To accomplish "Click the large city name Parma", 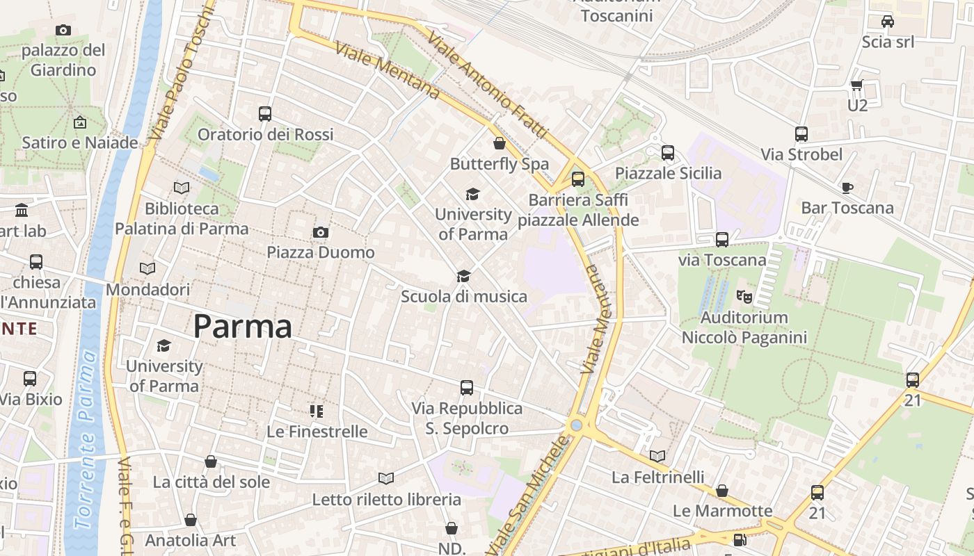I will coord(243,327).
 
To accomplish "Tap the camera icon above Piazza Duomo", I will coord(321,232).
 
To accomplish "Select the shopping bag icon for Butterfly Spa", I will coord(499,144).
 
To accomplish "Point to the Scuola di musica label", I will coord(464,297).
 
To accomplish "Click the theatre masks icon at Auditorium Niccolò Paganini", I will coord(744,297).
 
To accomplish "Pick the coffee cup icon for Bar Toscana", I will coord(847,188).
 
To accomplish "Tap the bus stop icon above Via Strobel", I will coord(801,134).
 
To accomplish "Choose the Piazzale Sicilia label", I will coord(668,173).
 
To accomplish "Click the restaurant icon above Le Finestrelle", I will coord(317,411).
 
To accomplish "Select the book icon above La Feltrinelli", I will coord(657,457).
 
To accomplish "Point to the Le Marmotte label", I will coord(722,511).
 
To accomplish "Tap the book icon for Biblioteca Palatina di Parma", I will coord(181,188).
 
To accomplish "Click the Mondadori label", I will coord(147,289).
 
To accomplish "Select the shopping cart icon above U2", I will coord(856,85).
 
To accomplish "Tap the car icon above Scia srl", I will coord(887,22).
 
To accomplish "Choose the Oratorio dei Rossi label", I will coord(266,134).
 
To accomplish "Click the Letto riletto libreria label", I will coord(386,500).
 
